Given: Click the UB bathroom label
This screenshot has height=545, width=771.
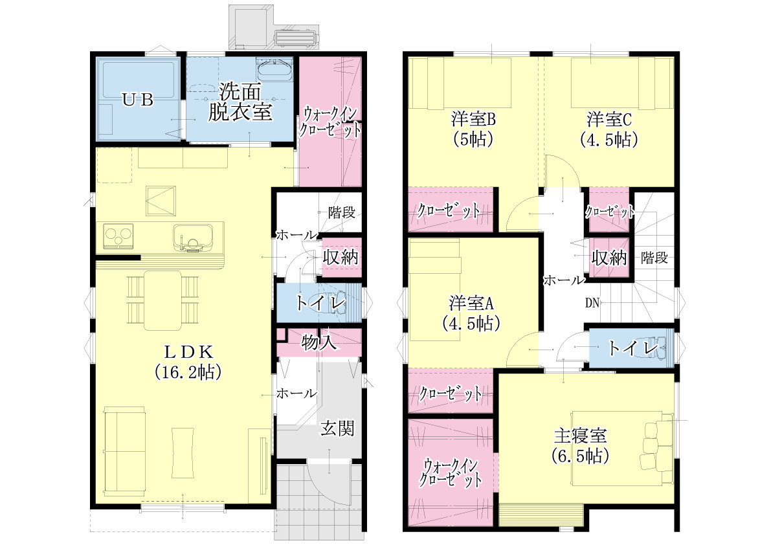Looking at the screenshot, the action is [x=138, y=100].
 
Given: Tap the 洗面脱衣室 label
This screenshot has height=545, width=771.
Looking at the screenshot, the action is [x=240, y=102].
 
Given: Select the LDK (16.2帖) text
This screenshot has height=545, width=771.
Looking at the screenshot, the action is [x=188, y=362].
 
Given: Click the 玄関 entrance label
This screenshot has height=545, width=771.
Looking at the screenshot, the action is [x=337, y=428].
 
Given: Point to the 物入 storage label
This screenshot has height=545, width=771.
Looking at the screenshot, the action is [x=319, y=342].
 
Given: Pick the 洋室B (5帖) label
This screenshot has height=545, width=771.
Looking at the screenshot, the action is [x=473, y=129].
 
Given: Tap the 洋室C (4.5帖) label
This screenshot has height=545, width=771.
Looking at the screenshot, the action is [x=609, y=129].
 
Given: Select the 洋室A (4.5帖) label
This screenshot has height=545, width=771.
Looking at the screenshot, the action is [x=471, y=313].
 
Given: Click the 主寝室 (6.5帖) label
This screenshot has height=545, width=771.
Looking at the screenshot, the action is [x=580, y=446].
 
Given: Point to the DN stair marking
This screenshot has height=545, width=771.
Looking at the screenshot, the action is [x=592, y=303].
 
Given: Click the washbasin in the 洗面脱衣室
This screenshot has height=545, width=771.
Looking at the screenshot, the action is [x=275, y=70].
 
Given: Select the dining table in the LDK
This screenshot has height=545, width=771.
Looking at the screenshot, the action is [x=162, y=300].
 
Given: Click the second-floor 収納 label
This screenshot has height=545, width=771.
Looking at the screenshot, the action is [x=609, y=258].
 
